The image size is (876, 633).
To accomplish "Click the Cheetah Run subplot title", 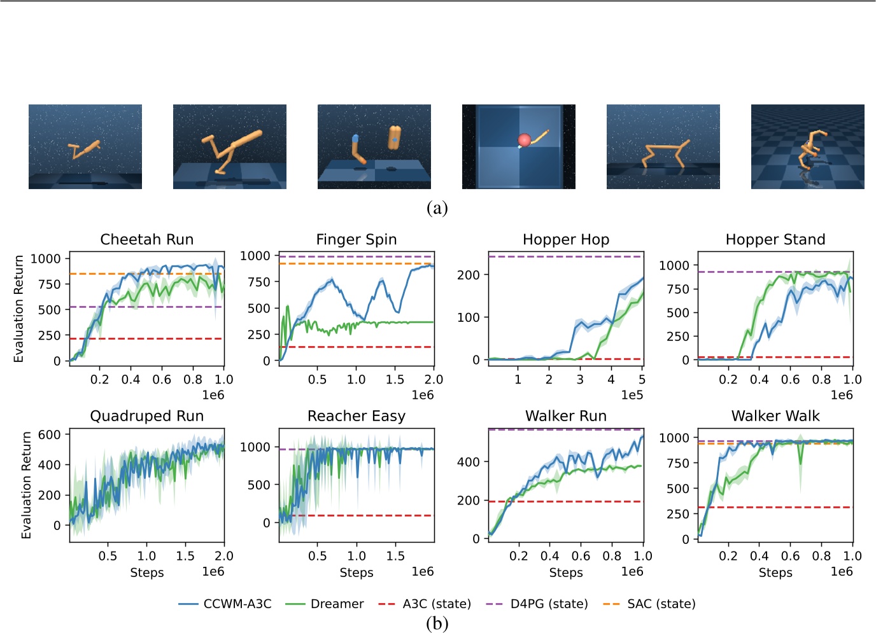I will pyautogui.click(x=146, y=240).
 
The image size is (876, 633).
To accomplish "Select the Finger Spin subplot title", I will pyautogui.click(x=356, y=240).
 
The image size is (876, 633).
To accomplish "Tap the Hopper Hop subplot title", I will pyautogui.click(x=565, y=240).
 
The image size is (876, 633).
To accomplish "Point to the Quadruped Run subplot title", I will pyautogui.click(x=146, y=416).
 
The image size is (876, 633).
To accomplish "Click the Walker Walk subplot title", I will pyautogui.click(x=775, y=416).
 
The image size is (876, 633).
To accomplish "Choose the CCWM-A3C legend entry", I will pyautogui.click(x=225, y=604).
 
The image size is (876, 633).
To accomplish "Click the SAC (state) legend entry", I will pyautogui.click(x=649, y=604).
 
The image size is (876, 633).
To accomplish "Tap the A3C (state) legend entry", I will pyautogui.click(x=425, y=604).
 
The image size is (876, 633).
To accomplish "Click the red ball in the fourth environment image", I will pyautogui.click(x=525, y=140).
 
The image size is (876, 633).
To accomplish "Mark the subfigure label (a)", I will pyautogui.click(x=437, y=208).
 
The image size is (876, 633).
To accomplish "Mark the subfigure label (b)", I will pyautogui.click(x=437, y=623).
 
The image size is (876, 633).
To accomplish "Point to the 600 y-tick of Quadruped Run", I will pyautogui.click(x=50, y=435).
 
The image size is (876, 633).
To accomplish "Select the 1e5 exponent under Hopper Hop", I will pyautogui.click(x=632, y=395).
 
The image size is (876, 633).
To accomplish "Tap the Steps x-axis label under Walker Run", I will pyautogui.click(x=565, y=573).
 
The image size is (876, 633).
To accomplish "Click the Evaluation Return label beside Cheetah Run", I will pyautogui.click(x=18, y=309).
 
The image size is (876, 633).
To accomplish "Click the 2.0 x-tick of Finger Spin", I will pyautogui.click(x=434, y=379).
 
